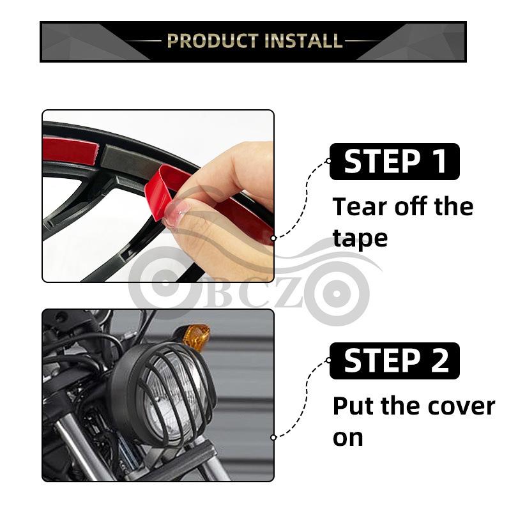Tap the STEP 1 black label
[x=394, y=162]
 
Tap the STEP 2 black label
[x=394, y=361]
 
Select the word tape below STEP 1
[x=360, y=238]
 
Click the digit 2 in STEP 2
[x=439, y=361]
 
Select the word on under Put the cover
[x=348, y=438]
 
